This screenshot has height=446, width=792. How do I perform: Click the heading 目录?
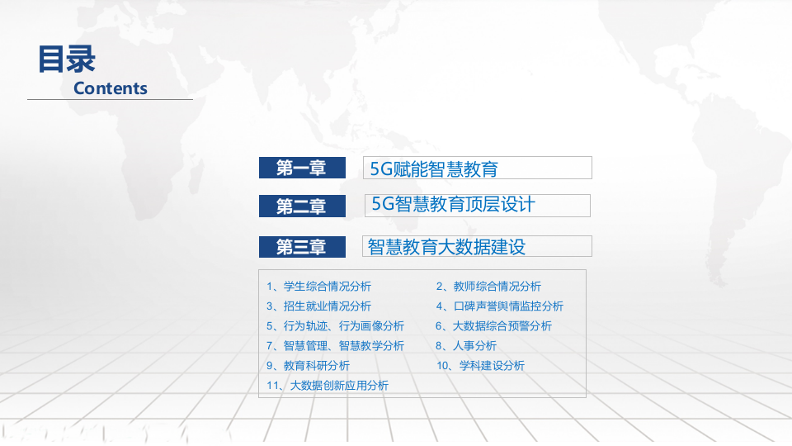tap(67, 59)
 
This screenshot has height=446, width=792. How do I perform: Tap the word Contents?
tap(111, 88)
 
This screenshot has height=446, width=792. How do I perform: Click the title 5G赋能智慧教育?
tap(434, 169)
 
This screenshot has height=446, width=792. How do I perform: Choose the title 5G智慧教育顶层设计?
tap(453, 205)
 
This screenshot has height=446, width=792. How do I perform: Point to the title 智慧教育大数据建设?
tap(446, 246)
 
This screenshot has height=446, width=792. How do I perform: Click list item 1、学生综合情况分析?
tap(318, 287)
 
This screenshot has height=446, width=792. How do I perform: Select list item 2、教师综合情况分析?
tap(488, 287)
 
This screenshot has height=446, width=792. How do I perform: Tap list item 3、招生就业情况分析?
tap(318, 306)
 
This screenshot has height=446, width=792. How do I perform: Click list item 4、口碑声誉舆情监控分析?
tap(499, 306)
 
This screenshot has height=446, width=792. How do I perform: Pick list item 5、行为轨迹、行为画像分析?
tap(335, 326)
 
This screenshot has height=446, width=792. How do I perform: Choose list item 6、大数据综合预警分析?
tap(493, 326)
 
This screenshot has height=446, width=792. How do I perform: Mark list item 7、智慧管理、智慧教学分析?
tap(335, 346)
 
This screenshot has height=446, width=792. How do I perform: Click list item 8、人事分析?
tap(466, 346)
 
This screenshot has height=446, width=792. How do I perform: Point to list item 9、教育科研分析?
tap(308, 366)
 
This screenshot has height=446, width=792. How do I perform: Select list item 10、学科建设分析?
tap(480, 366)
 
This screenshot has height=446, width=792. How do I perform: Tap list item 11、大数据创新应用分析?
tap(328, 386)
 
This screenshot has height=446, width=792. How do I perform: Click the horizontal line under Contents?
tap(110, 99)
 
